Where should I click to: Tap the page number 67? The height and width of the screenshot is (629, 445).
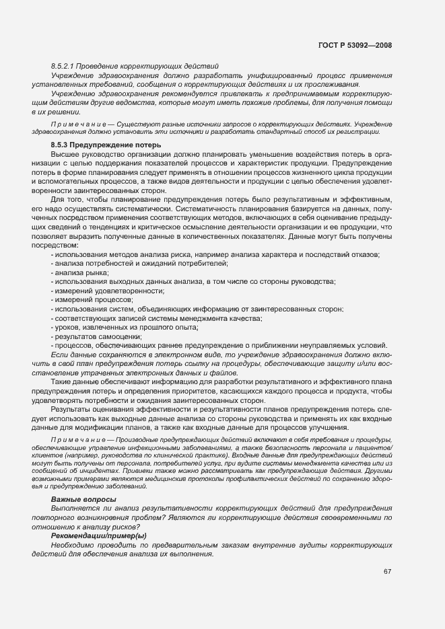coord(387,572)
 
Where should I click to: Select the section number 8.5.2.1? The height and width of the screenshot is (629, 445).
coord(63,66)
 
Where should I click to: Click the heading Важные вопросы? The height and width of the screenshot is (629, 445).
coord(83,498)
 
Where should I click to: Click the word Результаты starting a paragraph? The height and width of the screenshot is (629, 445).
coord(71,410)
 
